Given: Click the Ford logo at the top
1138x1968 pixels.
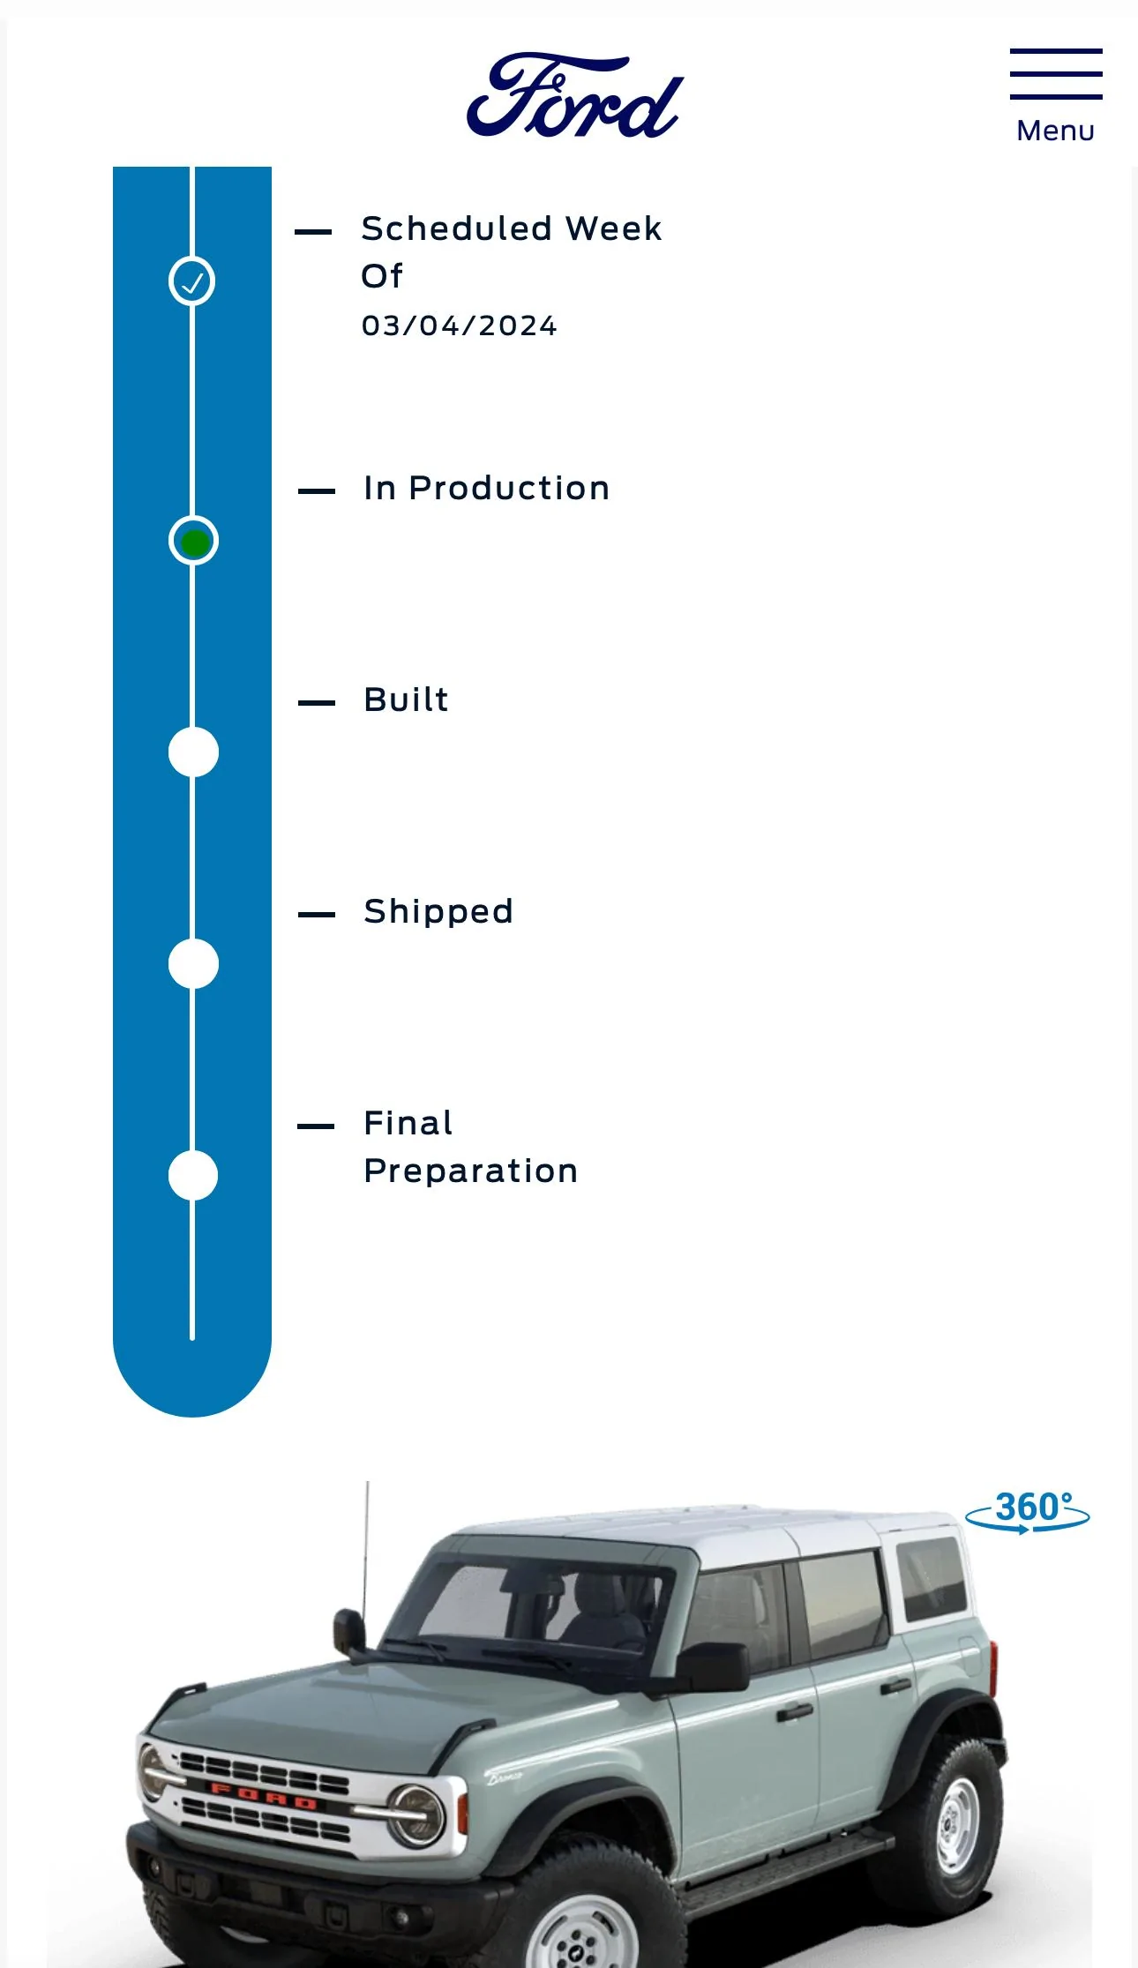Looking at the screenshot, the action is pos(575,95).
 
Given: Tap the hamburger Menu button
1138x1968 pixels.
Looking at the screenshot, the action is pos(1056,95).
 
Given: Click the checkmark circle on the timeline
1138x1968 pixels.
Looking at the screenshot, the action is pos(192,281).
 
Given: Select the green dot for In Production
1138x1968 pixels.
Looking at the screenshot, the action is pos(193,541).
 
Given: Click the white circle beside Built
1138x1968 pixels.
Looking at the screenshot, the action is pos(193,752).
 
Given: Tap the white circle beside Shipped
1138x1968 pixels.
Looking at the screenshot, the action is pos(193,964).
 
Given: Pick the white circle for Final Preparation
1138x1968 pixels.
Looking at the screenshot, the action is pos(193,1176).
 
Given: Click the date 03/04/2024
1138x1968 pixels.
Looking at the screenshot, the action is pos(460,326).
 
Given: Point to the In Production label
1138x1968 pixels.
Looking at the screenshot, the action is pos(487,488).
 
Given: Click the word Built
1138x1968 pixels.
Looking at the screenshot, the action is pos(407,700).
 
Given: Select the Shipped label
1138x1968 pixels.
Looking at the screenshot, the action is pos(438,912).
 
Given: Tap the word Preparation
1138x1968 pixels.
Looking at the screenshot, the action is pos(471,1171).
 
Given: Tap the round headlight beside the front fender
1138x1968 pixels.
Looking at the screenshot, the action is pos(416,1815).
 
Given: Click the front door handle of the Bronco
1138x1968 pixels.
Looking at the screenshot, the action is pos(794,1712).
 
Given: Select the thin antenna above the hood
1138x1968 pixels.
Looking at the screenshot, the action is pos(365,1553).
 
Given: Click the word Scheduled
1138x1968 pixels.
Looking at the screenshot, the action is pos(457,228).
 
